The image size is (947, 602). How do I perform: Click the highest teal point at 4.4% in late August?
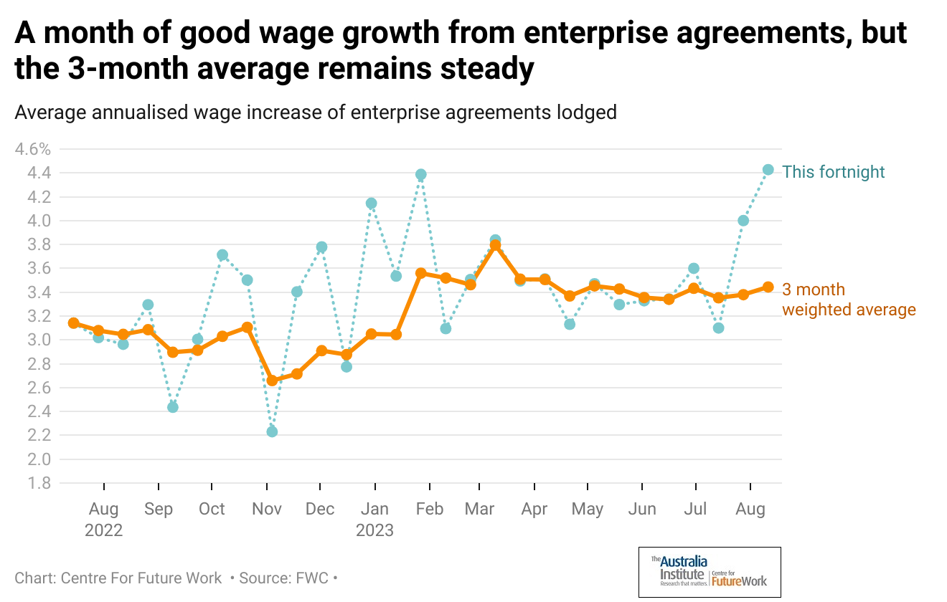coord(768,170)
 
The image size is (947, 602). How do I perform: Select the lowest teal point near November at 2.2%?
coord(272,431)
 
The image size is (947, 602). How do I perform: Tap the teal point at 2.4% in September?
coord(172,407)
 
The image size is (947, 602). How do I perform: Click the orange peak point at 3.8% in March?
coord(495,245)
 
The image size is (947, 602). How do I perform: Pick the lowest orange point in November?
coord(272,381)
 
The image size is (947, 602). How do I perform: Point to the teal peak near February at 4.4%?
coord(421,174)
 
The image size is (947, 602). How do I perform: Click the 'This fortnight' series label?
coord(833,172)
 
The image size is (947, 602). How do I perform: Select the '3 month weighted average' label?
coord(848,300)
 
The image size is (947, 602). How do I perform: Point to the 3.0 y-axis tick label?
coord(39,340)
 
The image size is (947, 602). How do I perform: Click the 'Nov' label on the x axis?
coord(267,509)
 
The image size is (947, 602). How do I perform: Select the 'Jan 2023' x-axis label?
coord(374,519)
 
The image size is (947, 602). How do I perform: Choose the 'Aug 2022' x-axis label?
coord(104,519)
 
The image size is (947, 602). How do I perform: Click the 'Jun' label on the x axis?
coord(641,509)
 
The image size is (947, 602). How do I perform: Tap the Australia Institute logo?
coord(709,572)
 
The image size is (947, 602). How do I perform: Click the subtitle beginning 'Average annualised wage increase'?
coord(316,113)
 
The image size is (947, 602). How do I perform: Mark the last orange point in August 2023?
coord(768,287)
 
